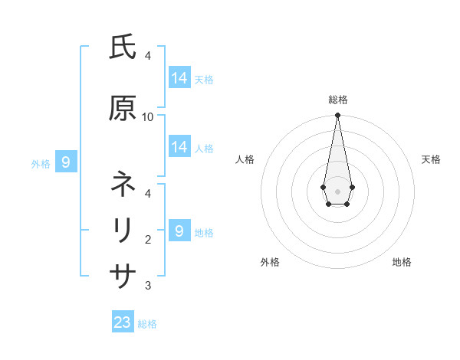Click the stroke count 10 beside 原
click(x=148, y=116)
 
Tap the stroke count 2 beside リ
click(x=148, y=239)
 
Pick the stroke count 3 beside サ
click(x=148, y=286)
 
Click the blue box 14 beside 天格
click(x=179, y=77)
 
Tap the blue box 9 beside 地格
click(x=179, y=231)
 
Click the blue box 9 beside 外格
click(x=67, y=162)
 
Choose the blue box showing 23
click(x=123, y=322)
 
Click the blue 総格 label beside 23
click(x=147, y=324)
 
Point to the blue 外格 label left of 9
click(x=41, y=163)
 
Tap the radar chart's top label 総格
click(x=338, y=100)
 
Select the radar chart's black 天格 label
click(x=431, y=159)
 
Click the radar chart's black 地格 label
click(x=402, y=263)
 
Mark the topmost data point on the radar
click(x=337, y=116)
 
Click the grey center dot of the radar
click(x=337, y=191)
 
